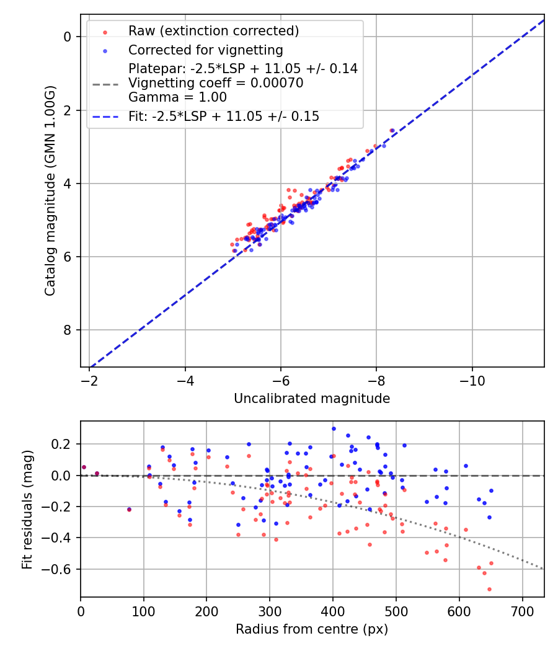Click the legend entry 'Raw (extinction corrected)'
(213, 31)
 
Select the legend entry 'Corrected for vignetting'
(205, 50)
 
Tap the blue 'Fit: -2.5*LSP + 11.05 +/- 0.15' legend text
(224, 117)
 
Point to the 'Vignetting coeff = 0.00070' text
(216, 83)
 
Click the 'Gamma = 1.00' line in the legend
(177, 97)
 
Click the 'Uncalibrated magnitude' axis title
(312, 399)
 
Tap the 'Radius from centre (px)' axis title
(312, 629)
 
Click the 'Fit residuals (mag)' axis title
(28, 510)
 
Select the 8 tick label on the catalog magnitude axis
(68, 330)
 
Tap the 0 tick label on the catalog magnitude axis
(68, 37)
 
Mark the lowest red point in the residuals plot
(489, 589)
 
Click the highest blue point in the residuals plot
(334, 428)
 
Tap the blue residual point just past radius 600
(466, 466)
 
